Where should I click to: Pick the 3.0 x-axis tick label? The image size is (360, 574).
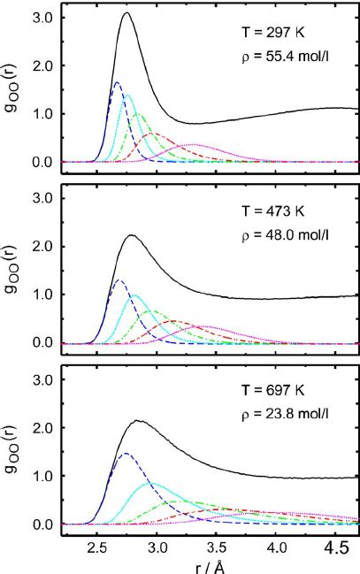point(157,546)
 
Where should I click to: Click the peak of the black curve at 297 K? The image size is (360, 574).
point(126,13)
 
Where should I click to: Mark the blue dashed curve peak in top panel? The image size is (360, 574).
point(117,83)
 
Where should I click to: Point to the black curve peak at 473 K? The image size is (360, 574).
point(132,235)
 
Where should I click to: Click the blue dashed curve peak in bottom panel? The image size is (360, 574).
point(125,454)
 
